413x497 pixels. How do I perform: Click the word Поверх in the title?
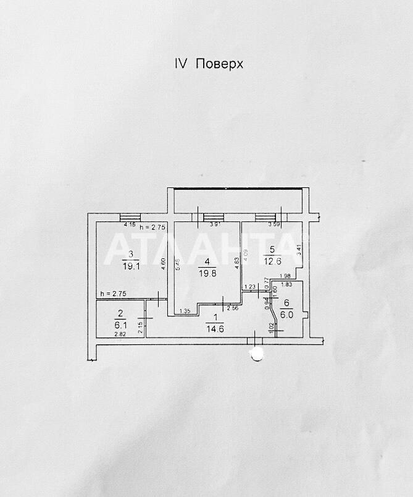(220, 64)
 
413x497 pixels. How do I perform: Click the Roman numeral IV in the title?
(179, 64)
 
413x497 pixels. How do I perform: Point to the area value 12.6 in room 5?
(272, 261)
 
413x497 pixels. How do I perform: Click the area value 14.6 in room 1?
(215, 328)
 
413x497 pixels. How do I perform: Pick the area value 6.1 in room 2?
(121, 323)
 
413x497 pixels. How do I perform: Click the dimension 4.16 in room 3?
(130, 225)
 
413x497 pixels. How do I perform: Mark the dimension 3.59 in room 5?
(274, 225)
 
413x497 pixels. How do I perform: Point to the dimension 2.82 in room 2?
(120, 334)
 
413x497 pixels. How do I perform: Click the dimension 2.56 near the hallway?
(233, 308)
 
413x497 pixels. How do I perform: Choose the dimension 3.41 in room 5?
(299, 249)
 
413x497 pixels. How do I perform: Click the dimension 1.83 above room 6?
(286, 284)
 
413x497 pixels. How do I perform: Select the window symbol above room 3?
(130, 216)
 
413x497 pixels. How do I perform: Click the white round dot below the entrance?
(255, 353)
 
